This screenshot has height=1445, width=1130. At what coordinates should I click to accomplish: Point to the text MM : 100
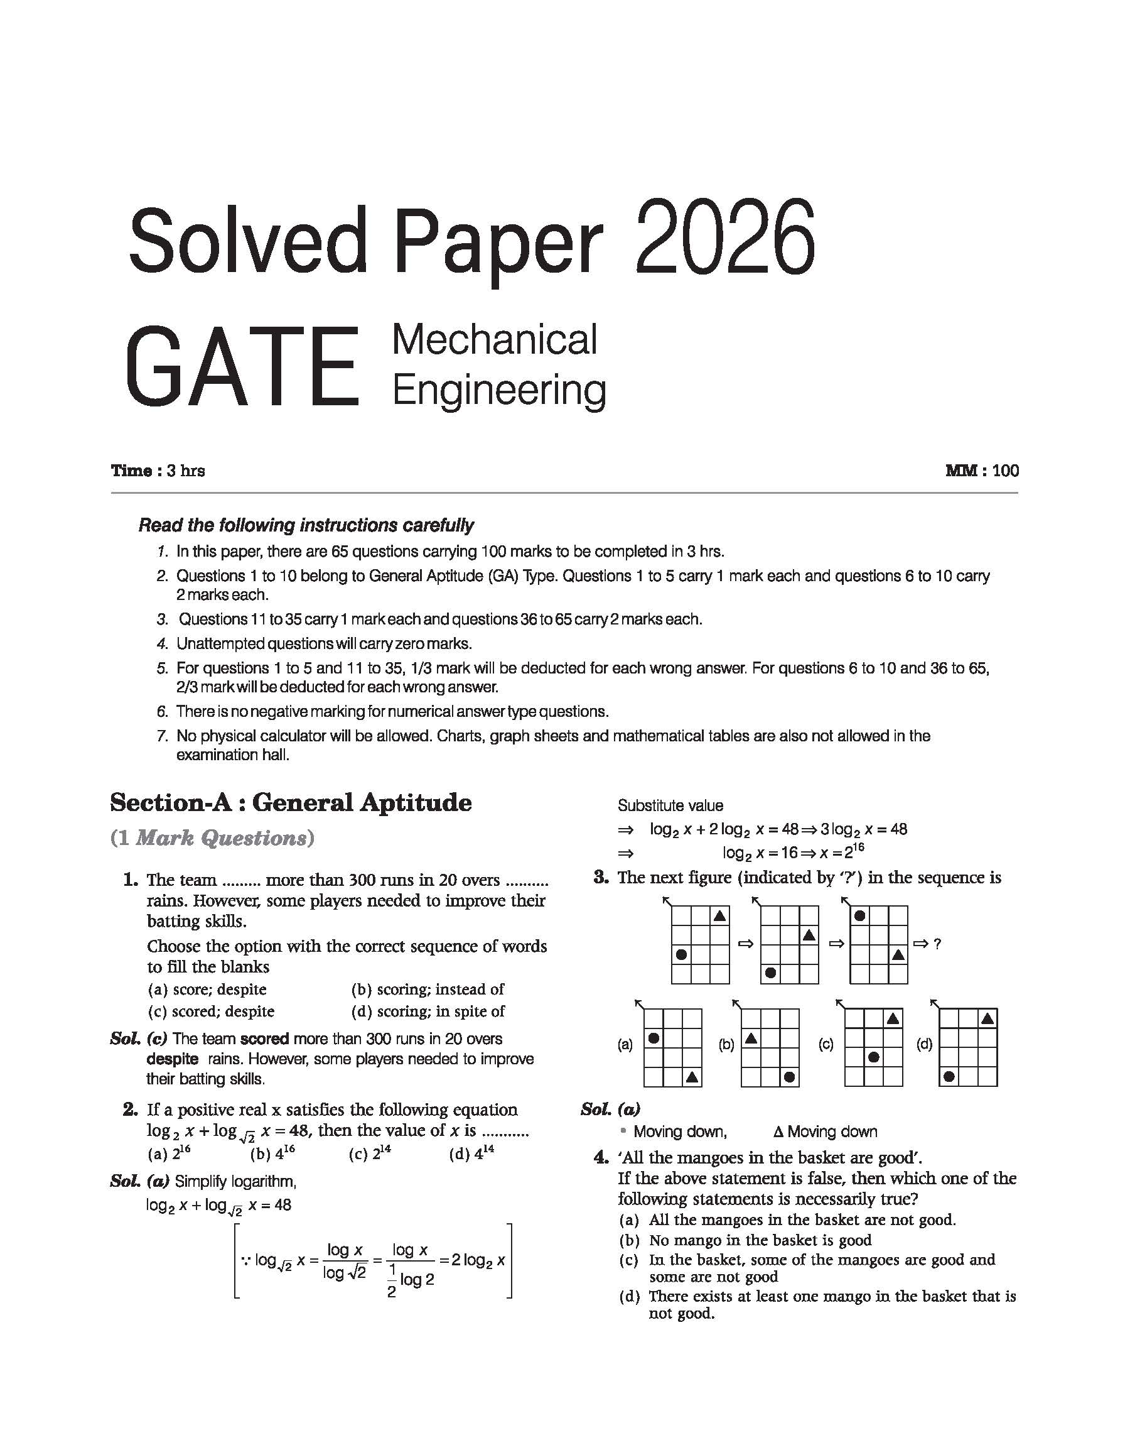(x=982, y=471)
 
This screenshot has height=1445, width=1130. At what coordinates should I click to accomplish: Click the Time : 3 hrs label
(x=158, y=471)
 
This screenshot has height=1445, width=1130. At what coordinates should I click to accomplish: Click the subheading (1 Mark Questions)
(x=212, y=838)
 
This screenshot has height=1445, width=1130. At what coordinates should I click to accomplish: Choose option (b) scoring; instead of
(x=428, y=989)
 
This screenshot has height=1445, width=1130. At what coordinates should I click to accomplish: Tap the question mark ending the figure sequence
(x=937, y=944)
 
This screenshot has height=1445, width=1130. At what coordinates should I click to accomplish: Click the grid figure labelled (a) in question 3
(x=672, y=1047)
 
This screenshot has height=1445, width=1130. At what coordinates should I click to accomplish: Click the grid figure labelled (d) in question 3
(x=968, y=1047)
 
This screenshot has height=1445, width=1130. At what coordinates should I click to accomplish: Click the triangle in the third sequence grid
(x=898, y=954)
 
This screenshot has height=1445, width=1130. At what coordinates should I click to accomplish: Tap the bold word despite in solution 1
(x=172, y=1059)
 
